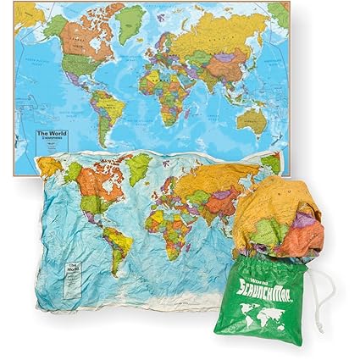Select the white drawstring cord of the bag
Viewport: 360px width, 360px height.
326,292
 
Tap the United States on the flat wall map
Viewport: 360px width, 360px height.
80,64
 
